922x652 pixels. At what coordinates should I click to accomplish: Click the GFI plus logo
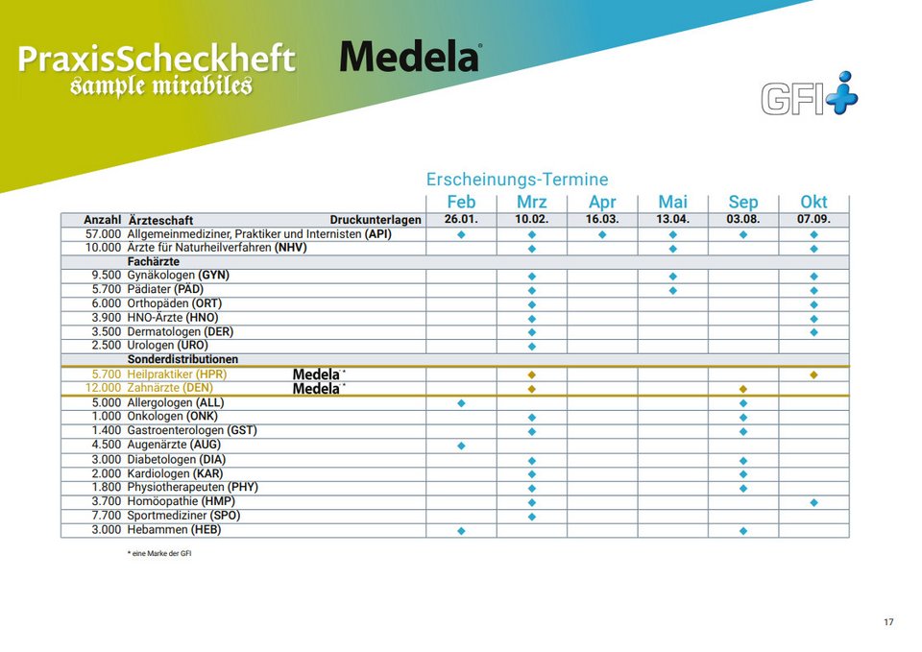coord(810,95)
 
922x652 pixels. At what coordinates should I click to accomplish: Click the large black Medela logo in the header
coord(410,57)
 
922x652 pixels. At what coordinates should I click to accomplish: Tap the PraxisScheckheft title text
coord(157,60)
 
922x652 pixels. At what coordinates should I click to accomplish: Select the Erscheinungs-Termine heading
coord(517,180)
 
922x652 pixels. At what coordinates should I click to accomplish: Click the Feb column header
coord(461,202)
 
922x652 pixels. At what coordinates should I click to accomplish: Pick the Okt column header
coord(813,202)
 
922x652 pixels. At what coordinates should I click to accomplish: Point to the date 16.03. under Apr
coord(602,220)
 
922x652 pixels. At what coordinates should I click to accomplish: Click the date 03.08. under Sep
coord(743,220)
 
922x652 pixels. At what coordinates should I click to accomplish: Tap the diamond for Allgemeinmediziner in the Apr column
coord(602,234)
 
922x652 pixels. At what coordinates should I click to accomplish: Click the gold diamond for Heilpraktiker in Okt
coord(813,374)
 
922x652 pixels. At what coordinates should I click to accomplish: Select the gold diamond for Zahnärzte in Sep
coord(743,389)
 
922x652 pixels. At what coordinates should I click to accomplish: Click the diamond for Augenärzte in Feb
coord(461,446)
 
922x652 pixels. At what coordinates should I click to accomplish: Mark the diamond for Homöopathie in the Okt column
coord(813,502)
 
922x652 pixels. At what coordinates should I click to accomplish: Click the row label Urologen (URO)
coord(167,346)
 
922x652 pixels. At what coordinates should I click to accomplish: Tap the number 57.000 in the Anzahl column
coord(104,234)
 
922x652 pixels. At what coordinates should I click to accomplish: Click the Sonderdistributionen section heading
coord(182,360)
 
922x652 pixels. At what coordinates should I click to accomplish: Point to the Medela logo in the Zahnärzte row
coord(318,389)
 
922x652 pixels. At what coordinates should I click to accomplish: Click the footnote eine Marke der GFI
coord(161,553)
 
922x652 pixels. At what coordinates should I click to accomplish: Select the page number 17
coord(888,622)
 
